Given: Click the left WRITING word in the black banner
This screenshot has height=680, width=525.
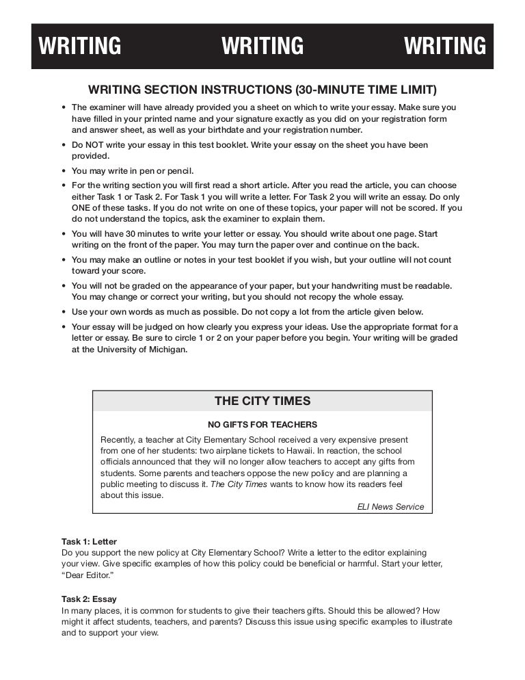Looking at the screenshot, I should click(x=80, y=46).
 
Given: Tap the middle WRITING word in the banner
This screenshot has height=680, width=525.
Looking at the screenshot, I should click(x=262, y=46).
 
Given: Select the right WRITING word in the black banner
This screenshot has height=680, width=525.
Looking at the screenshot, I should click(x=445, y=46).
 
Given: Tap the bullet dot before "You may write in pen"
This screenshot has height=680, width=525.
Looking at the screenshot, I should click(x=64, y=171).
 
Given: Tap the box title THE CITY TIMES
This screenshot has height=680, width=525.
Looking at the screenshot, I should click(x=262, y=401).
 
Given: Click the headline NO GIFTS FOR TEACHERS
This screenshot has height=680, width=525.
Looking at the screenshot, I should click(x=262, y=424).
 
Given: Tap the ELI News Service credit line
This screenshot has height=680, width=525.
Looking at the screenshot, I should click(x=390, y=506).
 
